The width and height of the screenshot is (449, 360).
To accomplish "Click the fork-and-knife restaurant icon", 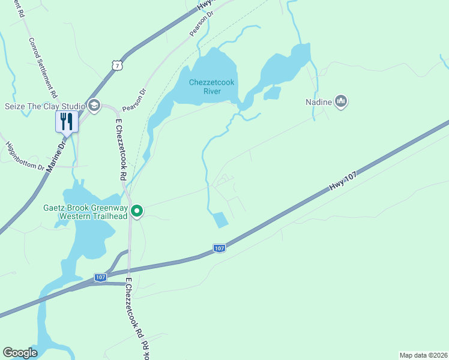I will (67, 121).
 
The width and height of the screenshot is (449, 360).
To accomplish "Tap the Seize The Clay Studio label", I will (44, 106).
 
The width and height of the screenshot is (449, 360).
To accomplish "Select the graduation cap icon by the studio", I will (94, 106).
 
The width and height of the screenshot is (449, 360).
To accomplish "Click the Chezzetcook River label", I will (204, 86).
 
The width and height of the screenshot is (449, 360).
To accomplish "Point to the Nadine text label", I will (318, 102).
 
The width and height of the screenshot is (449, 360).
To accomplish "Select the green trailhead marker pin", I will (137, 211).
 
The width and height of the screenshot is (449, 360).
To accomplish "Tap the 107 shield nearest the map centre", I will (220, 248).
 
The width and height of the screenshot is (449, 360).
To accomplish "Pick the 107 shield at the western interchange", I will (100, 277).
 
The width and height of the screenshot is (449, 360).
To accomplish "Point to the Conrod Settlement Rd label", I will (43, 68).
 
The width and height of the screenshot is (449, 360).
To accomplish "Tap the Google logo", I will (20, 353).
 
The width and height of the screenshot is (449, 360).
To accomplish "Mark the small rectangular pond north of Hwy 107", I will (220, 220).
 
